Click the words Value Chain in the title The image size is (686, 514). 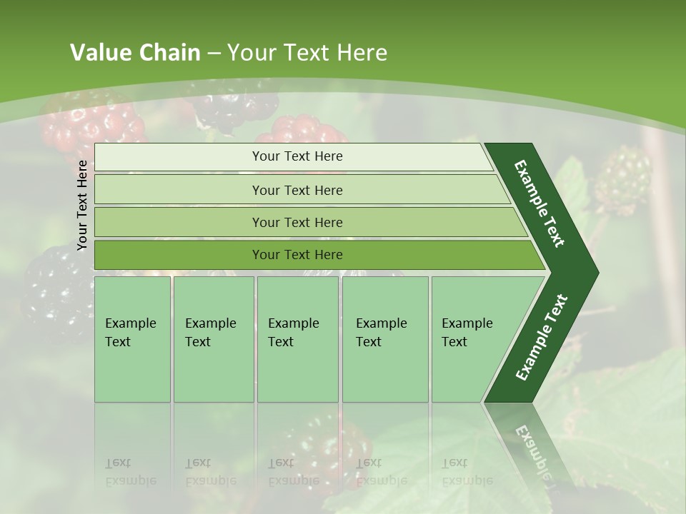(x=135, y=53)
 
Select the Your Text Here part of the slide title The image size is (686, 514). (x=307, y=53)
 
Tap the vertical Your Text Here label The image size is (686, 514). (x=82, y=205)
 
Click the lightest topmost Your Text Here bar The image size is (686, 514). (x=297, y=156)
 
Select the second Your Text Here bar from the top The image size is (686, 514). (x=297, y=190)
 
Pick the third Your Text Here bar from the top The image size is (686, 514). (x=297, y=222)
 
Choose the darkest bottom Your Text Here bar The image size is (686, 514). (x=297, y=255)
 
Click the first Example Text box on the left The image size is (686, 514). (x=132, y=339)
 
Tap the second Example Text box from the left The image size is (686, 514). (x=213, y=339)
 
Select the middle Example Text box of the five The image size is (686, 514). (x=297, y=339)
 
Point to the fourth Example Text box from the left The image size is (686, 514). (x=384, y=339)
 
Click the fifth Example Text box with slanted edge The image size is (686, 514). (x=472, y=339)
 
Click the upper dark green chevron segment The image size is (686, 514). (x=540, y=203)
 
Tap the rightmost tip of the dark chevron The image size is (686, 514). (x=595, y=273)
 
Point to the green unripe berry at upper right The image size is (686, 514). (x=623, y=178)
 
